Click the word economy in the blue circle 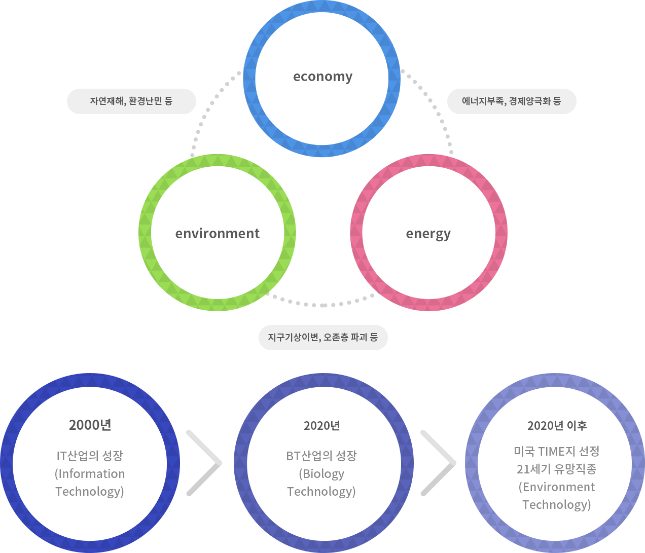tap(322, 77)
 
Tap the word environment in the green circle tap(217, 234)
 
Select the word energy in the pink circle tap(428, 234)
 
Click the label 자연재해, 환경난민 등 tap(131, 101)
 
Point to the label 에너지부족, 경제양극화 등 tap(511, 101)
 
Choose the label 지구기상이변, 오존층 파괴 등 tap(323, 338)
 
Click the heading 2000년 tap(90, 425)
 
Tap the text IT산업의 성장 tap(90, 456)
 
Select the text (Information tap(90, 474)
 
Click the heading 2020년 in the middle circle tap(321, 426)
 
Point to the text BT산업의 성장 tap(321, 456)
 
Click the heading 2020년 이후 tap(557, 426)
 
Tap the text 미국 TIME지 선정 tap(557, 451)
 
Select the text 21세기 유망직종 tap(557, 469)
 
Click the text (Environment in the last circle tap(557, 487)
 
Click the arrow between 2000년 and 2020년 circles tap(204, 463)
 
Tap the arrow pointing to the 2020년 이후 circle tap(438, 463)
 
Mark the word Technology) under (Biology tap(321, 492)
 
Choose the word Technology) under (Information tap(90, 492)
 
